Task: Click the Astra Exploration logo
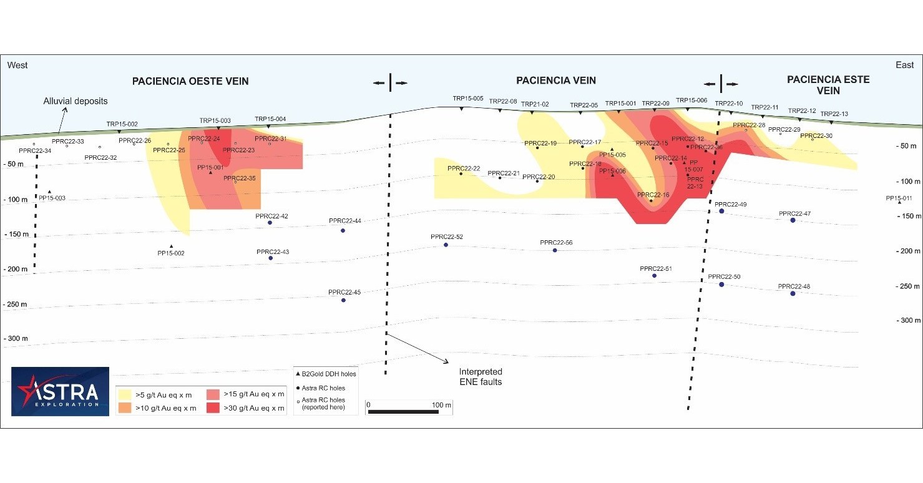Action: click(61, 391)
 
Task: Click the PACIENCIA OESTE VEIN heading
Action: click(190, 81)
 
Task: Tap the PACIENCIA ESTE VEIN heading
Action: click(828, 85)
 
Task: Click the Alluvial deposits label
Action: click(76, 101)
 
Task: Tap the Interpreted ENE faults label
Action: click(481, 376)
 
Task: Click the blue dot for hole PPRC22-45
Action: click(343, 300)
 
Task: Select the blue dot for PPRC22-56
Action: click(555, 250)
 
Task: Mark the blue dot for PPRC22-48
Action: click(793, 293)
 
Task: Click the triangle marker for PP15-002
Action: click(171, 246)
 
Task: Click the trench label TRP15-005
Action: click(468, 99)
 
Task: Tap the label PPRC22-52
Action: click(446, 237)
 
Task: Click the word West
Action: click(17, 65)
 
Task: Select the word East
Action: click(904, 65)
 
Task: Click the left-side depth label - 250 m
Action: click(17, 305)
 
